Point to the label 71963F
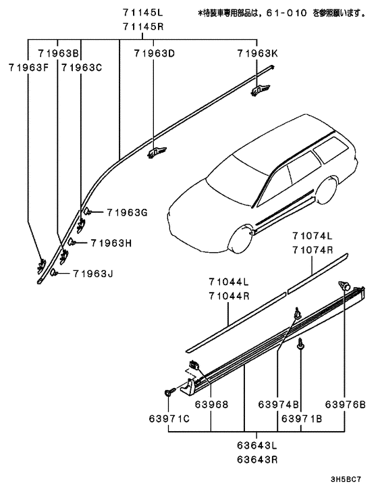[x=29, y=67]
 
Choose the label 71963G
[x=126, y=212]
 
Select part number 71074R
[x=313, y=249]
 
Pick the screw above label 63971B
[x=300, y=345]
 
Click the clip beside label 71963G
[x=88, y=214]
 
